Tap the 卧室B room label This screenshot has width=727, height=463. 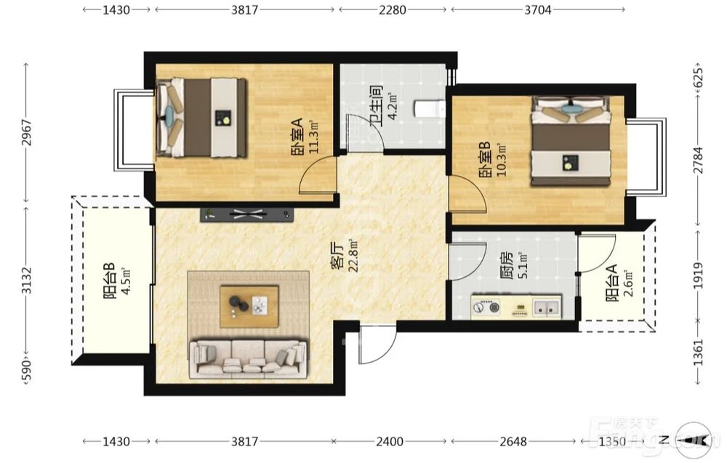coord(485,159)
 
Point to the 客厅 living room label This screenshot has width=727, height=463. coord(337,255)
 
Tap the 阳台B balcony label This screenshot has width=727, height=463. coord(110,281)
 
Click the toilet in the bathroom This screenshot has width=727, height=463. coord(430,109)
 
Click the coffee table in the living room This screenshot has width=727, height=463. coord(249,306)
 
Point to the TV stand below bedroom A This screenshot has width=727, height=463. coord(247,214)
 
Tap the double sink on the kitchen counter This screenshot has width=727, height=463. coord(546,307)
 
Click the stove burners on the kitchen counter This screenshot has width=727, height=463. coord(486,306)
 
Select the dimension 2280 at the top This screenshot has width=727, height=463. coord(393,9)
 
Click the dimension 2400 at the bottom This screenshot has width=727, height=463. coord(390,440)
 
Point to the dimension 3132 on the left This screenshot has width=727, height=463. coord(28,280)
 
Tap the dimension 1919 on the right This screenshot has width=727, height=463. coord(699,275)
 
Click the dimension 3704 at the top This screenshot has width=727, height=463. coord(538,9)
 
